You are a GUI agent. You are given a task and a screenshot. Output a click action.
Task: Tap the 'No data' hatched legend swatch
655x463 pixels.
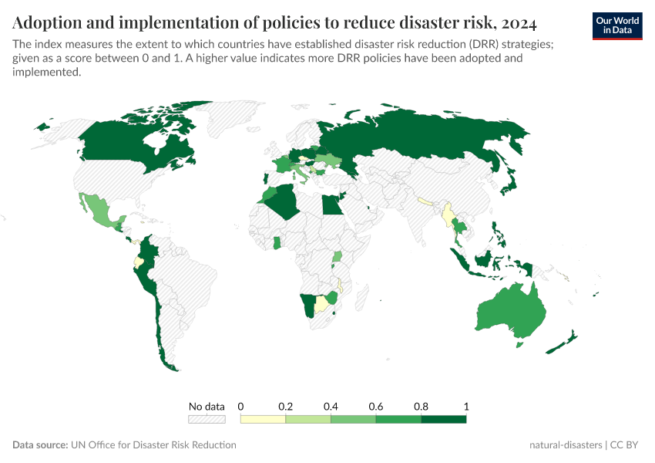207,420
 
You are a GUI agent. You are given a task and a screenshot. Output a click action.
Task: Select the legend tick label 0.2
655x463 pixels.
286,406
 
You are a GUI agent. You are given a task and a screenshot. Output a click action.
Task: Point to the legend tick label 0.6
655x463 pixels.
376,406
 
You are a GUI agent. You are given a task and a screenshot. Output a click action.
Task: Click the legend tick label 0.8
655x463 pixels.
422,406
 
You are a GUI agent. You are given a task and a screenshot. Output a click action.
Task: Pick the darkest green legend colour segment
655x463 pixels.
444,420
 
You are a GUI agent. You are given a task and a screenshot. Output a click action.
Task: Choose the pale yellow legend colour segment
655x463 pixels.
263,420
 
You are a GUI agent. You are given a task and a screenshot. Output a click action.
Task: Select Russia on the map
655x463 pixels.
432,139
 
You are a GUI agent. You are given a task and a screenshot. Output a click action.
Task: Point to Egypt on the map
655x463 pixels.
330,206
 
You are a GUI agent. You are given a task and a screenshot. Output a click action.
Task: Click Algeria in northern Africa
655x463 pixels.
286,202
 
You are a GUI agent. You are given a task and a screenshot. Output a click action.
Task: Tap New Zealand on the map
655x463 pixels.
566,340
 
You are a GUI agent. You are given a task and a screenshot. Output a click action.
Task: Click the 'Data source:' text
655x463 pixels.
39,445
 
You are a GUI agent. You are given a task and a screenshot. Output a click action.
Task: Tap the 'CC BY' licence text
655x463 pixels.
626,445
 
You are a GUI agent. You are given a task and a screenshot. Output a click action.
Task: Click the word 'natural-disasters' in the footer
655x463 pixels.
566,445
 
